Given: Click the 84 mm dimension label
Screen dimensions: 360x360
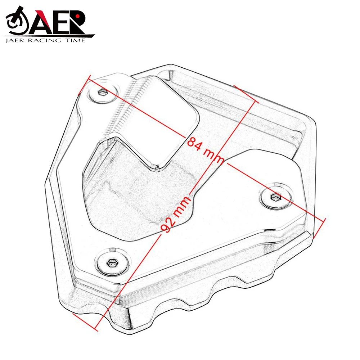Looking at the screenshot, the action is (206, 149).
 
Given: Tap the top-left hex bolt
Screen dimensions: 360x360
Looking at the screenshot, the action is (103, 92).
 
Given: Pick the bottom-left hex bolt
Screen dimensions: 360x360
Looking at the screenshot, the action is (112, 263).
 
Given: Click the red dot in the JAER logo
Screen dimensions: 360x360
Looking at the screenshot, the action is (77, 16).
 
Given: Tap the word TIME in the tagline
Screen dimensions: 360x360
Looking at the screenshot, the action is (76, 41).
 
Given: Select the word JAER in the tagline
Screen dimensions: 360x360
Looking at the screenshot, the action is (15, 41).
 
